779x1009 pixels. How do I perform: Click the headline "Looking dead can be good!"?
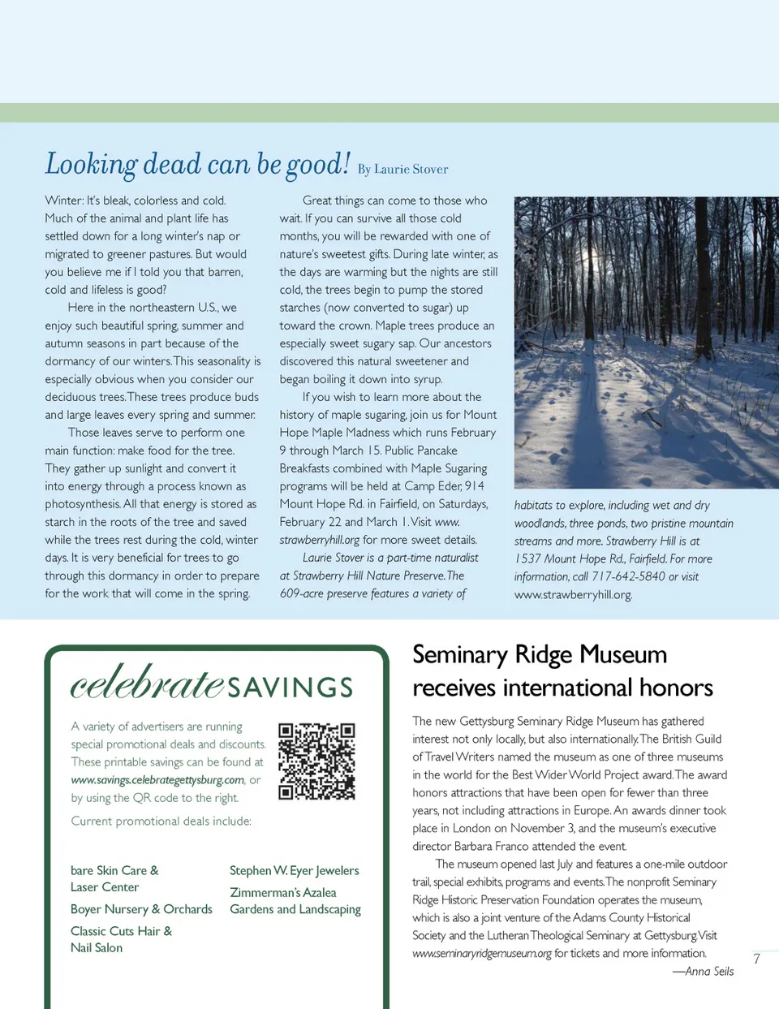tap(197, 164)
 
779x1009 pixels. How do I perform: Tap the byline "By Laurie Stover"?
tap(402, 170)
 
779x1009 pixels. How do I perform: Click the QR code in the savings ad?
tap(316, 761)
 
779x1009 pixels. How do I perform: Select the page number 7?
tap(756, 959)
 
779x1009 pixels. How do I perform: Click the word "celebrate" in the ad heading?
tap(147, 683)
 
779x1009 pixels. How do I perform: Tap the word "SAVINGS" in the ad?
tap(290, 688)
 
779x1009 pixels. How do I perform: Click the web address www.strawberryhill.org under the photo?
tap(572, 595)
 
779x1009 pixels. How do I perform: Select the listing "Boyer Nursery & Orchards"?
tap(141, 909)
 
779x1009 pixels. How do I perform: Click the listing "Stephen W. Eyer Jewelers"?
tap(294, 870)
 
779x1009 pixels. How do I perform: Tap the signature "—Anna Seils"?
tap(703, 972)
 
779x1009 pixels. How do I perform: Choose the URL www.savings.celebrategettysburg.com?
tap(157, 780)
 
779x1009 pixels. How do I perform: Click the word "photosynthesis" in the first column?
tap(83, 504)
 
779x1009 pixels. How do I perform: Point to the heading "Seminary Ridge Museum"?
tap(540, 654)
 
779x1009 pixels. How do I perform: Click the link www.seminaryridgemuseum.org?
tap(481, 954)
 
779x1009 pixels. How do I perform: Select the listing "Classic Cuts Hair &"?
tap(121, 931)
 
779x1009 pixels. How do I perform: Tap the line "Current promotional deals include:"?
tap(161, 821)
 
